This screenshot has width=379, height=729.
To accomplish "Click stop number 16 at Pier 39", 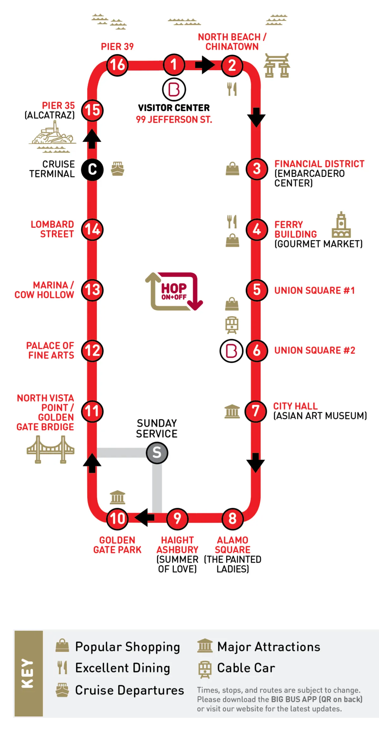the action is click(x=117, y=65).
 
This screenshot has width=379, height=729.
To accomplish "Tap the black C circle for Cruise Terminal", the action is click(x=92, y=170).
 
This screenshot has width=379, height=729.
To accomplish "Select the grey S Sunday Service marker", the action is click(x=157, y=453).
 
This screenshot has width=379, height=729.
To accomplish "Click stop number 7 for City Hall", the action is click(x=256, y=411).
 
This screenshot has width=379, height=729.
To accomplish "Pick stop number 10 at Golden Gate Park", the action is click(x=117, y=519).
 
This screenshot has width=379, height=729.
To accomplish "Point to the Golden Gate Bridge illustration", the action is click(x=51, y=449).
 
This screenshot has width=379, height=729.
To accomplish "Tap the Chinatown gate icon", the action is click(x=277, y=65).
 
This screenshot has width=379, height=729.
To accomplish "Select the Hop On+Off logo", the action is click(x=174, y=292).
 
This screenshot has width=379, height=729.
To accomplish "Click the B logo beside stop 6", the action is click(x=232, y=351).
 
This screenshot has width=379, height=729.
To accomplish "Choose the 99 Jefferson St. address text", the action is click(x=174, y=120).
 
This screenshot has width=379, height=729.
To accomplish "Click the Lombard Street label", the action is click(x=52, y=229).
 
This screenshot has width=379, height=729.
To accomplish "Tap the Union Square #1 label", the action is click(x=315, y=290).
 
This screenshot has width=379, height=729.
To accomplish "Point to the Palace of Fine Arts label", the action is click(x=50, y=350).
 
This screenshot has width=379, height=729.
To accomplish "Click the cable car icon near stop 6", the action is click(x=232, y=325).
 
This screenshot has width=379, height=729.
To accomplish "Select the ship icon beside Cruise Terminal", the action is click(x=117, y=169).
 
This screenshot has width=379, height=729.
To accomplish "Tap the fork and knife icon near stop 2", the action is click(x=232, y=89).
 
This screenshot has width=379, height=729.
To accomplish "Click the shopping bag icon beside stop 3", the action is click(x=232, y=168).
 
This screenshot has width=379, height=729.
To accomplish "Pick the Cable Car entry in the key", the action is click(x=236, y=668).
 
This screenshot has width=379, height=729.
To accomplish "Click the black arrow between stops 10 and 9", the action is click(x=145, y=517).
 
